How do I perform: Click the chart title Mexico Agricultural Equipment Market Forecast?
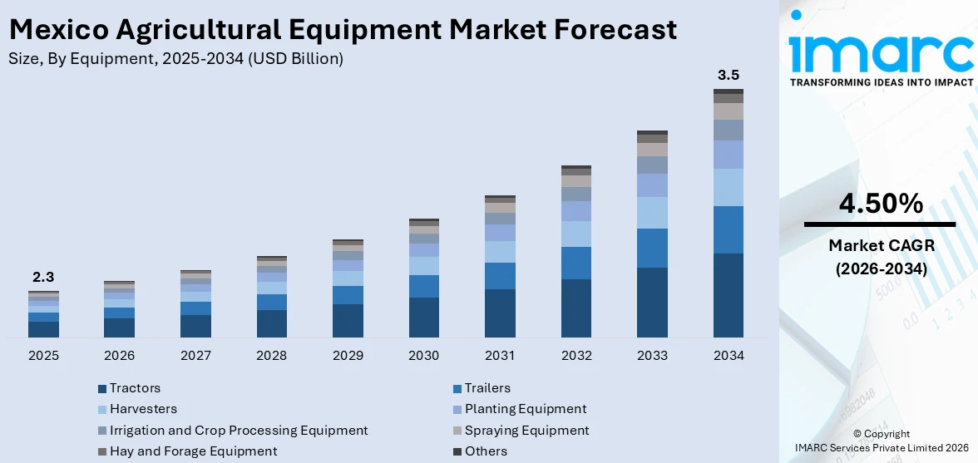[x=343, y=30]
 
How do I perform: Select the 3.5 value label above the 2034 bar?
[x=729, y=76]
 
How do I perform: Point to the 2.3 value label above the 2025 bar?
[x=43, y=277]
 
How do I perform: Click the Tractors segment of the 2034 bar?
[x=729, y=295]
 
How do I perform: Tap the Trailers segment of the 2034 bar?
[x=729, y=229]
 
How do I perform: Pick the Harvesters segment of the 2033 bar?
[x=652, y=213]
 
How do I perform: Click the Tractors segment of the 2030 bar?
[x=423, y=318]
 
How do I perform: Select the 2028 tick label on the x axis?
[x=271, y=356]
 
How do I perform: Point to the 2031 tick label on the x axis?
[x=500, y=356]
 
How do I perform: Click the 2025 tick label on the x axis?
[x=43, y=356]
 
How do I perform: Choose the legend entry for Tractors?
[x=134, y=388]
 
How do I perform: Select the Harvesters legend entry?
[x=142, y=409]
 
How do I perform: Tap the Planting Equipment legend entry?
[x=525, y=409]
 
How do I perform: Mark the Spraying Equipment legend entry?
[x=526, y=431]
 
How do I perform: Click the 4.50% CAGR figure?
[x=879, y=204]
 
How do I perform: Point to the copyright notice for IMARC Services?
[x=881, y=441]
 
